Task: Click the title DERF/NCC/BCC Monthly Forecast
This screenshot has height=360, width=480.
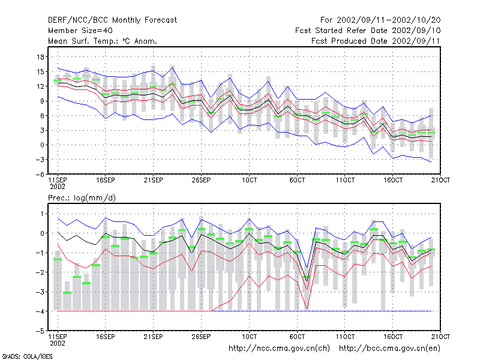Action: (112, 20)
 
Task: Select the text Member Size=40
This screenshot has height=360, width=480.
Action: (80, 31)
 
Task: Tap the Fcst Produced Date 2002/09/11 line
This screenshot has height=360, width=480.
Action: (376, 41)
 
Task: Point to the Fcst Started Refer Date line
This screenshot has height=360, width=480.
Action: (368, 31)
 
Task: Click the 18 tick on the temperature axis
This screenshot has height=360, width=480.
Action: (41, 57)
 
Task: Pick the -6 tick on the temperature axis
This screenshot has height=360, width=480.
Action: (40, 175)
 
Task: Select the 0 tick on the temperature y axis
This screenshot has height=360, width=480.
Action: (43, 145)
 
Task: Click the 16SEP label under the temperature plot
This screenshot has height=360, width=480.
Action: (106, 181)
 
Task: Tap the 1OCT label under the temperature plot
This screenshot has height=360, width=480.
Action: (249, 181)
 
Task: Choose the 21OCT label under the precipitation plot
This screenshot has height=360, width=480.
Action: (440, 337)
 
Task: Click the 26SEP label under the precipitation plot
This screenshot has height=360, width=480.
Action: (201, 337)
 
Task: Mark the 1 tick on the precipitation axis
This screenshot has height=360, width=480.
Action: (43, 214)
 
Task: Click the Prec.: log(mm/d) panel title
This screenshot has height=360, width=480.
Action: (82, 198)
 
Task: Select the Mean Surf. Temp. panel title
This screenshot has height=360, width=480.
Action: (103, 41)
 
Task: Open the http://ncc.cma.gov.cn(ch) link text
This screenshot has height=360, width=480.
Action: (279, 349)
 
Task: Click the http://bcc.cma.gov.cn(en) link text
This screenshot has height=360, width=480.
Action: (389, 349)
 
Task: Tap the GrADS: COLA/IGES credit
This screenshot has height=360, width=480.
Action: (27, 356)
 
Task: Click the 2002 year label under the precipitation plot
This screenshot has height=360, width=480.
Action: (58, 343)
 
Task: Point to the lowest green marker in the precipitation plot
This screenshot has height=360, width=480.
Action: (67, 293)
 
